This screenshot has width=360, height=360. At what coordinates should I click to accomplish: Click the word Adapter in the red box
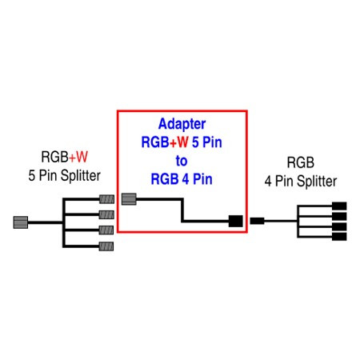coord(182,125)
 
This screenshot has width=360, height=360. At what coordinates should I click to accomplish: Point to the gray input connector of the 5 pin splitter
coord(22,221)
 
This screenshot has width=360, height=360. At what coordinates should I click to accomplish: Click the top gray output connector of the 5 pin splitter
coord(106,200)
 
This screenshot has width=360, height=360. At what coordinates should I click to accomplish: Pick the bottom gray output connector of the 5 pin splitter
coord(106,245)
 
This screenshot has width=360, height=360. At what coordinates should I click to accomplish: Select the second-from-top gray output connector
coord(106,214)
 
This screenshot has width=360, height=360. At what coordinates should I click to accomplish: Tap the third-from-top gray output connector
coord(106,230)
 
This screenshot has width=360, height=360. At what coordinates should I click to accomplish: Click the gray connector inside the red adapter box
coord(129,198)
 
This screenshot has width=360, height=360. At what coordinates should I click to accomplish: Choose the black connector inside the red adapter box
coord(235,221)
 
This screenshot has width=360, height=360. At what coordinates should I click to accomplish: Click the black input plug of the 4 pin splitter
coord(258,221)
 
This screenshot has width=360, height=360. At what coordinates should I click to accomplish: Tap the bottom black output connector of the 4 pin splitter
coord(338,236)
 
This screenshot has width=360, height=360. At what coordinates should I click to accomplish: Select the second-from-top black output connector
coord(338,217)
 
